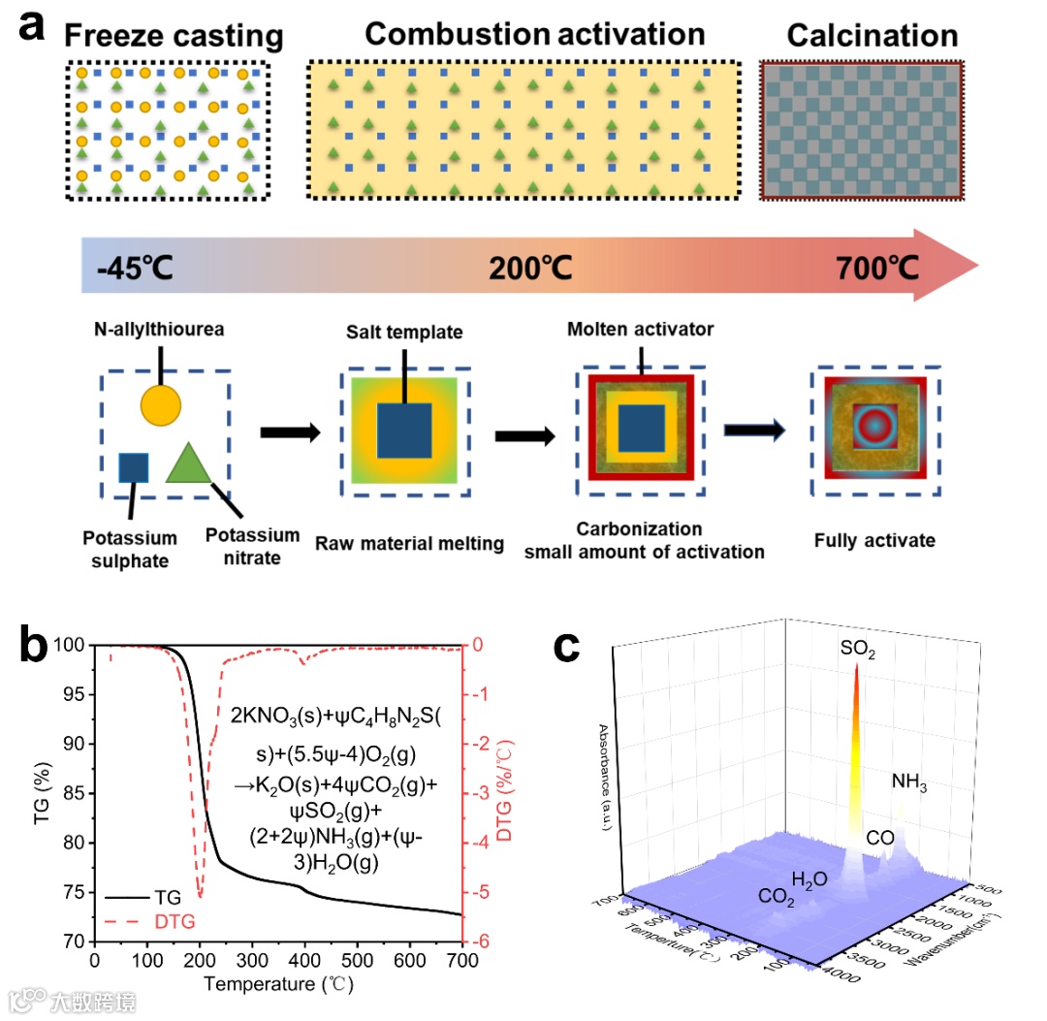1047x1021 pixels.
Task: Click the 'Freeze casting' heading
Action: pos(173,37)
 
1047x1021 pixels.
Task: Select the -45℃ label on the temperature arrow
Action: pos(135,267)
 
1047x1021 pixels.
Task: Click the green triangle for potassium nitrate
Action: pos(189,463)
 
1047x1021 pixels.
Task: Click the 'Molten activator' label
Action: pos(641,330)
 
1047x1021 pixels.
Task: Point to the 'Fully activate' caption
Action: pos(874,540)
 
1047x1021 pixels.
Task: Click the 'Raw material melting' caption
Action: pos(409,543)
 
